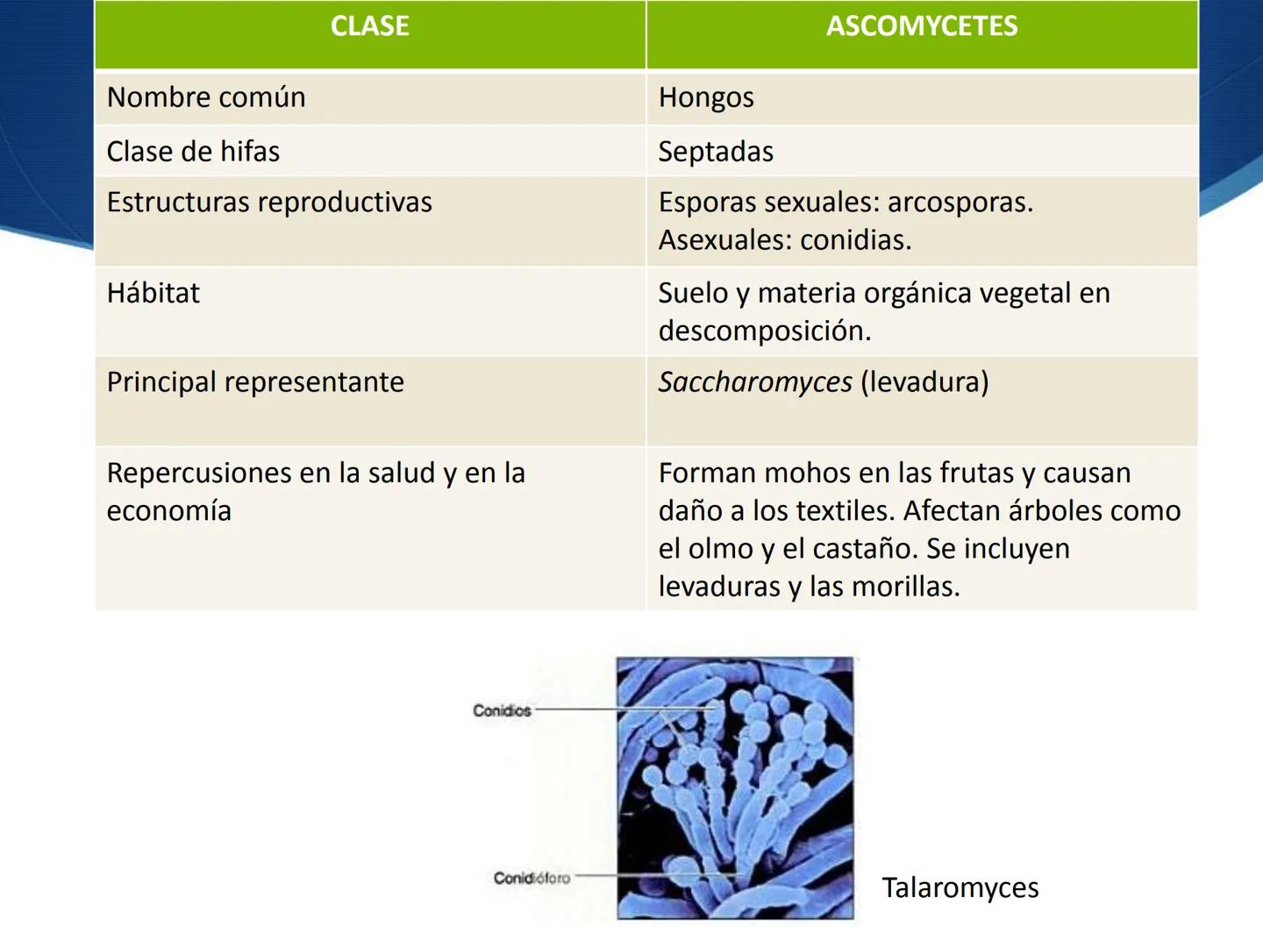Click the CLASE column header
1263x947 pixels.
pos(369,26)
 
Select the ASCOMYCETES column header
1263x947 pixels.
pos(922,26)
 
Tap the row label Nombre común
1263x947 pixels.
pos(206,97)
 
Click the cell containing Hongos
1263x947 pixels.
pos(706,97)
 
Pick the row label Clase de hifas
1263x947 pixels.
pos(193,152)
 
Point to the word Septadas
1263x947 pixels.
pos(716,152)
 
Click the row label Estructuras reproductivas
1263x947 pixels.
pos(269,203)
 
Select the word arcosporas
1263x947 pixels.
pos(960,203)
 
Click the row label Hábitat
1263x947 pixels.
pos(153,293)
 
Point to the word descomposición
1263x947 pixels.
pos(764,331)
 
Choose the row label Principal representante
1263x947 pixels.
pos(255,382)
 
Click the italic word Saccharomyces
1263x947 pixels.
pos(755,382)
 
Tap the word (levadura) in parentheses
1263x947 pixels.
pos(924,382)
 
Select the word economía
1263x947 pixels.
pos(168,510)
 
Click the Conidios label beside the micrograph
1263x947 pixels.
pos(502,710)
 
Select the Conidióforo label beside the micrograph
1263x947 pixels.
pos(532,878)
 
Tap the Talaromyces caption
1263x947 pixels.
pos(960,887)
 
